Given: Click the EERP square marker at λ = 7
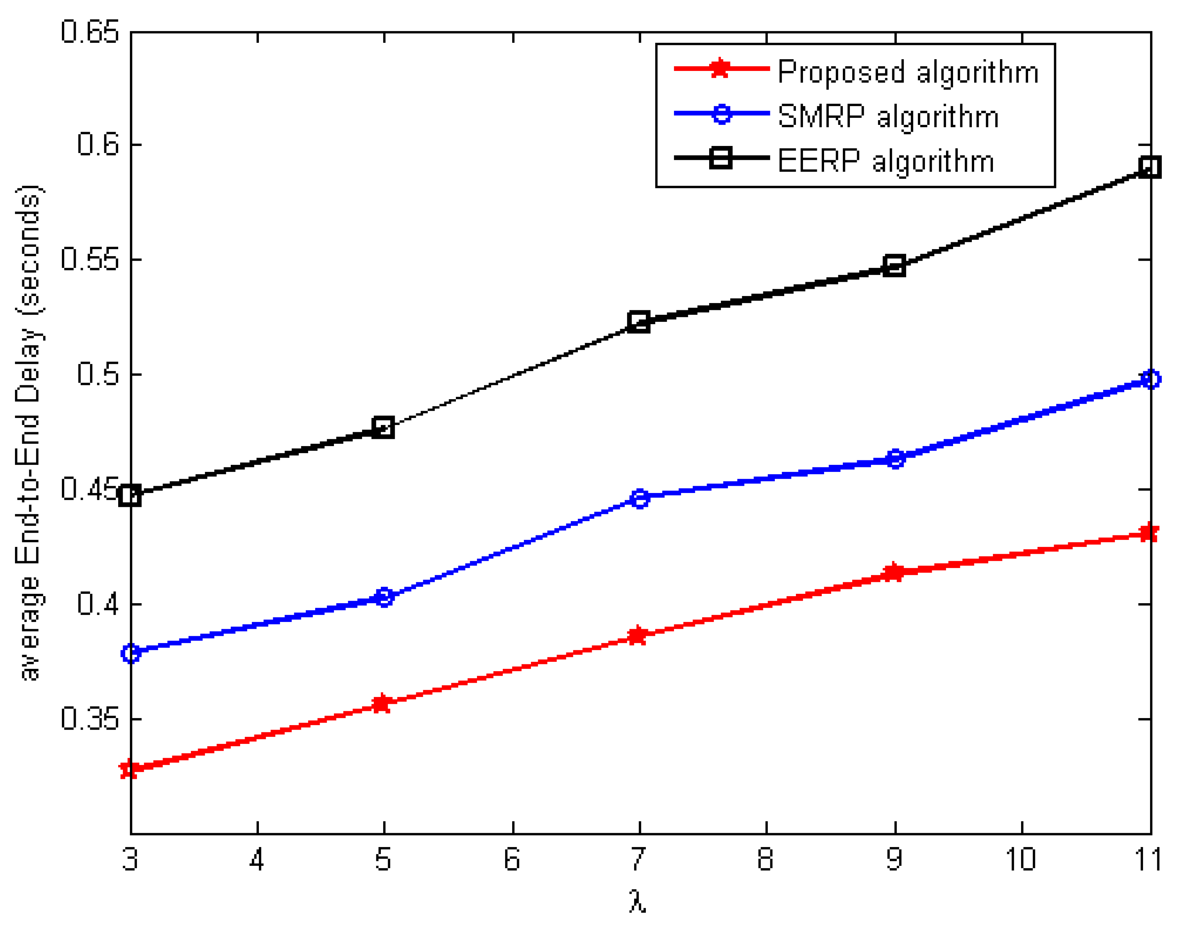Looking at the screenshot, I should click(x=639, y=322).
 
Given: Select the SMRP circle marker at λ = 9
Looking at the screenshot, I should click(x=895, y=458).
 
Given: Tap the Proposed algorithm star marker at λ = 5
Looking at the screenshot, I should click(x=383, y=703).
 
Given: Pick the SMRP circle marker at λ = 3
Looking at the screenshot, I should click(x=131, y=653).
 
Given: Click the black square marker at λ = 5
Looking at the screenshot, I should click(x=383, y=428).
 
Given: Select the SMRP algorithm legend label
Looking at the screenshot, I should click(x=888, y=116).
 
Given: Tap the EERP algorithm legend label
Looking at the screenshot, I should click(x=886, y=161).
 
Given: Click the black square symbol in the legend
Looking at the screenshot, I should click(x=720, y=158).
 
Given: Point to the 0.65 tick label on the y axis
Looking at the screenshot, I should click(x=90, y=32).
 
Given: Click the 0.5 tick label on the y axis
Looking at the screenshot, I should click(x=98, y=374).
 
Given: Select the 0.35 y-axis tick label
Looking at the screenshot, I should click(x=90, y=718).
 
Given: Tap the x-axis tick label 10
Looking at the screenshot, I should click(x=1021, y=859).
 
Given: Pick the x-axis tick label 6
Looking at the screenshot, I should click(x=512, y=859).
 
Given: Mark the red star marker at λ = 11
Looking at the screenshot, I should click(x=1148, y=532).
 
